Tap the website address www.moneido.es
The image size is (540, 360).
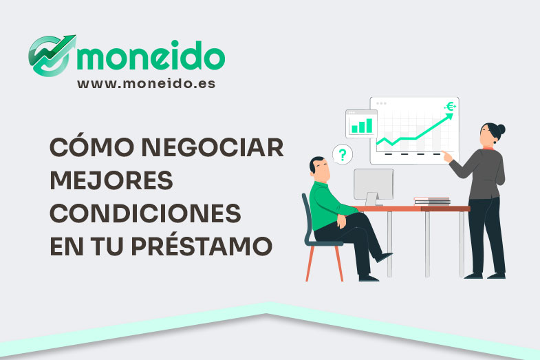(146, 83)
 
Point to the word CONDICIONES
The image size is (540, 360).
(145, 213)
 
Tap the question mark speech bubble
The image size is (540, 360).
(342, 153)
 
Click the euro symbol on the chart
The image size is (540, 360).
(451, 107)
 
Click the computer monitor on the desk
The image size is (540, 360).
(374, 184)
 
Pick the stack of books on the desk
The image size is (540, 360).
(432, 201)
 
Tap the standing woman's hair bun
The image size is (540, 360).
(501, 129)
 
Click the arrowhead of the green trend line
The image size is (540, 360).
(451, 116)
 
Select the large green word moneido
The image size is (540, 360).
(151, 56)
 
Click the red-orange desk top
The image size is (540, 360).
(413, 208)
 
